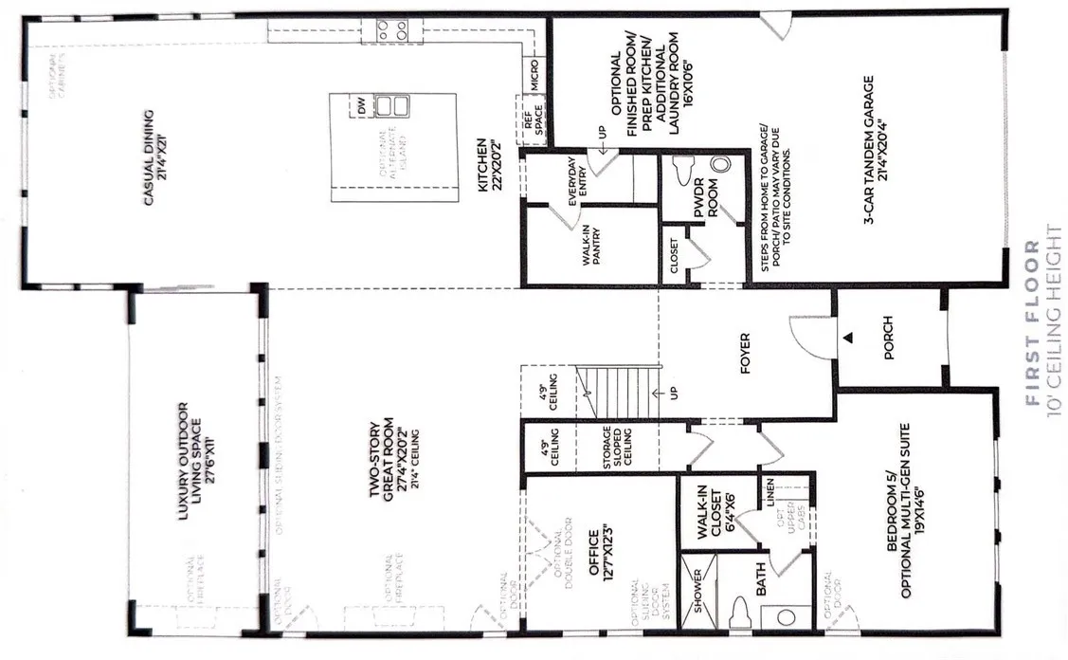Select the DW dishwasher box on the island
[x=363, y=106]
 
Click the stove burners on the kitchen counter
[x=393, y=29]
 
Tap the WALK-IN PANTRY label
[x=593, y=246]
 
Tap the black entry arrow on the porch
[x=850, y=338]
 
